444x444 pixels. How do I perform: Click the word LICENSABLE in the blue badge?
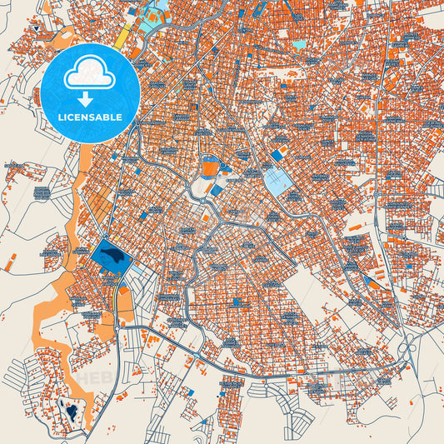(x=92, y=117)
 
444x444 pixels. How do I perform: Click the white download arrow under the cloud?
(x=91, y=97)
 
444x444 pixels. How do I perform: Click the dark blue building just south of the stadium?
(x=217, y=191)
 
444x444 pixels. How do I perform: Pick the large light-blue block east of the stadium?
(x=279, y=181)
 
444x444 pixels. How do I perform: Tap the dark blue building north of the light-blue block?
(x=277, y=155)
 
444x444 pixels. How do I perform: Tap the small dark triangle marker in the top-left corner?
(x=37, y=30)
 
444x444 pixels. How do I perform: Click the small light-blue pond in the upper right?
(x=298, y=43)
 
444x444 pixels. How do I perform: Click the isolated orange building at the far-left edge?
(x=9, y=266)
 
